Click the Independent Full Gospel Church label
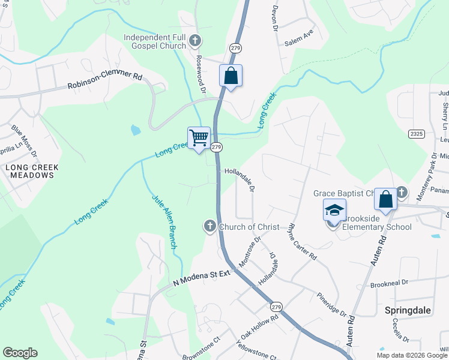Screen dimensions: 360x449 (x=155, y=41)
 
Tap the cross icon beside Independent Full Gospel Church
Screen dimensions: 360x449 (x=194, y=41)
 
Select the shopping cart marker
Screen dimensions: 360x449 (x=199, y=138)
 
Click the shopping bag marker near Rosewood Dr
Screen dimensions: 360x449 (x=231, y=76)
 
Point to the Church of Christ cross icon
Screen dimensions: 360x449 (x=209, y=226)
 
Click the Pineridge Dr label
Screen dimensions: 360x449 (x=331, y=304)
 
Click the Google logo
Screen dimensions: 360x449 (x=20, y=353)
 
